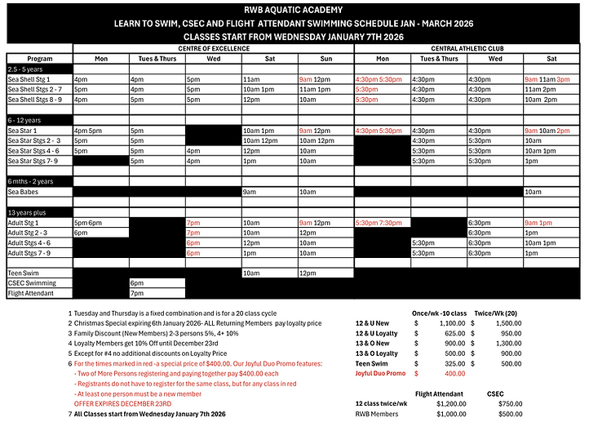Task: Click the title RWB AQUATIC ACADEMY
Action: click(294, 10)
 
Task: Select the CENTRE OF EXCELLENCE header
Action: click(213, 48)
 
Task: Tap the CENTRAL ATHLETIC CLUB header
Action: click(467, 48)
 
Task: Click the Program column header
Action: click(39, 59)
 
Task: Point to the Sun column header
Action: click(325, 59)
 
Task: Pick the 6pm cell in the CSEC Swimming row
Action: click(137, 282)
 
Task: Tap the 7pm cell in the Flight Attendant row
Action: click(137, 292)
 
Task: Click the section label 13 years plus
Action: click(27, 212)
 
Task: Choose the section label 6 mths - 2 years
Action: click(30, 181)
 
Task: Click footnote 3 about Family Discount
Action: click(147, 333)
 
